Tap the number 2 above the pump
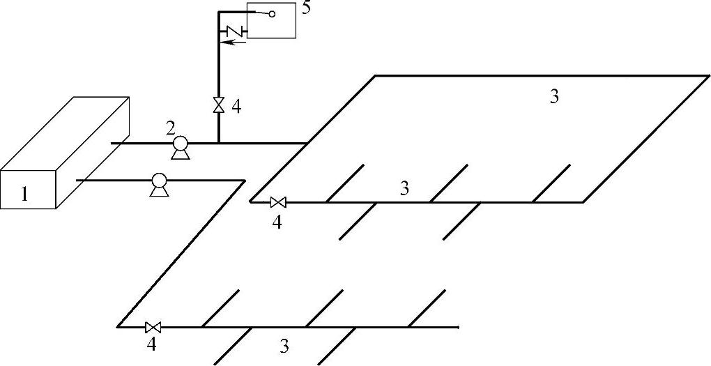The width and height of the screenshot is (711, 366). point(170,128)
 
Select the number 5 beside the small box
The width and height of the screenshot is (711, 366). point(307,10)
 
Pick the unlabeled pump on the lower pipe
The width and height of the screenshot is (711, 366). point(159,183)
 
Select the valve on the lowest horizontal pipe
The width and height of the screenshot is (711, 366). point(153,326)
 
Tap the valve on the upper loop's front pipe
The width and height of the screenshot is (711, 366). point(278,203)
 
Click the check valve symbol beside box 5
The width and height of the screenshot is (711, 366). point(233,31)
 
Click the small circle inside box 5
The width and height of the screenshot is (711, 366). point(272,13)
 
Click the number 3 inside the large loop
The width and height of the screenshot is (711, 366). point(554,97)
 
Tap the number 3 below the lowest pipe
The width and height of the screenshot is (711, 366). point(284,345)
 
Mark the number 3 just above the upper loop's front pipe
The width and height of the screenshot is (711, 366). point(405,188)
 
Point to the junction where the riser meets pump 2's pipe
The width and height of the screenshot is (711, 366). point(218,143)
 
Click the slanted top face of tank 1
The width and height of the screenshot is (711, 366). point(66,133)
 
